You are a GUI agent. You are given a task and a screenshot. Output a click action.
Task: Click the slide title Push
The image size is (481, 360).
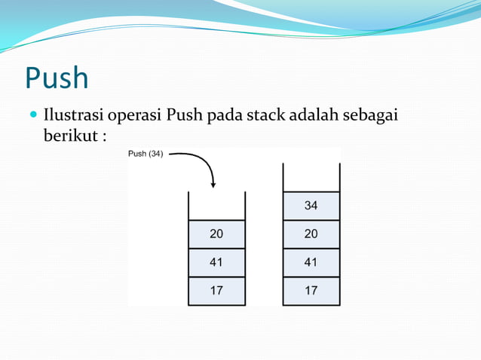pos(57,78)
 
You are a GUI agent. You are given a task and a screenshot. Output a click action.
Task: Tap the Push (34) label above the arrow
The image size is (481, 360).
pos(146,154)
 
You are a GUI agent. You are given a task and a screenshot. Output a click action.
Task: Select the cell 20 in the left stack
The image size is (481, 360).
pos(216,234)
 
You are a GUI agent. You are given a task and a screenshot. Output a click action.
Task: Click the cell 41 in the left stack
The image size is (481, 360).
pos(216,263)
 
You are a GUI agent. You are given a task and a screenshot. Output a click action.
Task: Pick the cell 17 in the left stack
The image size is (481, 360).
pos(216,291)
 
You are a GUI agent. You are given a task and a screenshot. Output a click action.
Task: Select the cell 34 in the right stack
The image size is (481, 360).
pos(311,206)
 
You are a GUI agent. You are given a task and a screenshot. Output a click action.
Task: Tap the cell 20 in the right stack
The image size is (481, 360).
pos(311,234)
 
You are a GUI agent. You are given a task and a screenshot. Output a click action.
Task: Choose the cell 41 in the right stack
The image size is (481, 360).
pos(311,263)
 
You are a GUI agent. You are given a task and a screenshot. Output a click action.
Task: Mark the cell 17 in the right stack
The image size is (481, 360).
pos(311,291)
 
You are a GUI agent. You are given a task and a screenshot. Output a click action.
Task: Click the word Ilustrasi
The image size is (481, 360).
pos(73,117)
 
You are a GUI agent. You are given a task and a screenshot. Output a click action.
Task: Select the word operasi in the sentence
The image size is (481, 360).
pos(135,117)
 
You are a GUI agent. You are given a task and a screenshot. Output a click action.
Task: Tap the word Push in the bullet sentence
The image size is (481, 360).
pos(185,117)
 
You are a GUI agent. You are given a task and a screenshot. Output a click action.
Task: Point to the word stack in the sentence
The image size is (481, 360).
pos(265,117)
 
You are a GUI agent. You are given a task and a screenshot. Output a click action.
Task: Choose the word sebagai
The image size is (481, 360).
pos(371,117)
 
